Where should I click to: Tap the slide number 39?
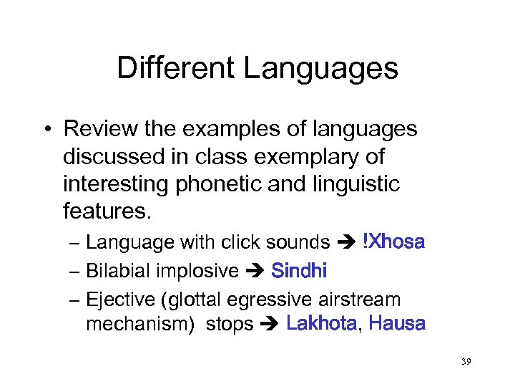click(466, 362)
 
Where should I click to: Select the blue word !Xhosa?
click(394, 242)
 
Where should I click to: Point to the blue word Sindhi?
click(299, 271)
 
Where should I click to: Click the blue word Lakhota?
click(321, 324)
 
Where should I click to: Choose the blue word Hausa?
click(397, 324)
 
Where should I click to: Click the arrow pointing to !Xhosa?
click(347, 243)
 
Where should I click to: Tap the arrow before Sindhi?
click(255, 272)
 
